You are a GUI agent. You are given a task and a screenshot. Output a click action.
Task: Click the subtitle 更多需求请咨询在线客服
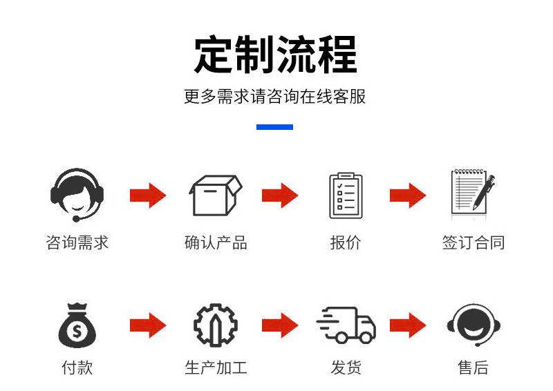tap(275, 97)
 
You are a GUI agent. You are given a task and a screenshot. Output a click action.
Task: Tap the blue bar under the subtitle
tap(275, 127)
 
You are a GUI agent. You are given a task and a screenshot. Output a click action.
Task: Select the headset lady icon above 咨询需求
tap(77, 194)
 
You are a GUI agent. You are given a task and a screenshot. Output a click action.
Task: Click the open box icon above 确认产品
tap(216, 195)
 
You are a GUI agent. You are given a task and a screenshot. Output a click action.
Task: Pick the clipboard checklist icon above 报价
tap(346, 195)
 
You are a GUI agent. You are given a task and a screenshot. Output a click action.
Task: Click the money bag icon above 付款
tap(77, 325)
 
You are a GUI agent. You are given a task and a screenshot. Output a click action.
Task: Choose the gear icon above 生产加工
tap(215, 325)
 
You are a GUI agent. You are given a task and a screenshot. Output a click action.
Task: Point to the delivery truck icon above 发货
tap(346, 325)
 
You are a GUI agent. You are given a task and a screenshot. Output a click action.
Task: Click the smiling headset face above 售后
tap(474, 325)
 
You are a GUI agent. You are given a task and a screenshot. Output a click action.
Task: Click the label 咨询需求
tap(77, 243)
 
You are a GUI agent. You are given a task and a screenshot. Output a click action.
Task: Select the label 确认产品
tap(216, 243)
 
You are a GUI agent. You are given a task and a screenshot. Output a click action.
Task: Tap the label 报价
tap(346, 243)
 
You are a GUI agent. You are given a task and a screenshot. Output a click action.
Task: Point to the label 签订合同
tap(474, 243)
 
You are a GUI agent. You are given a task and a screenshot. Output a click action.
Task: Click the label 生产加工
tap(216, 368)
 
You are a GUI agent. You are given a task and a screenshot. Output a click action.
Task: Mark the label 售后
tap(474, 368)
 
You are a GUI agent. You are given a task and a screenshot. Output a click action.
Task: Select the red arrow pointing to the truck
tap(279, 325)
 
